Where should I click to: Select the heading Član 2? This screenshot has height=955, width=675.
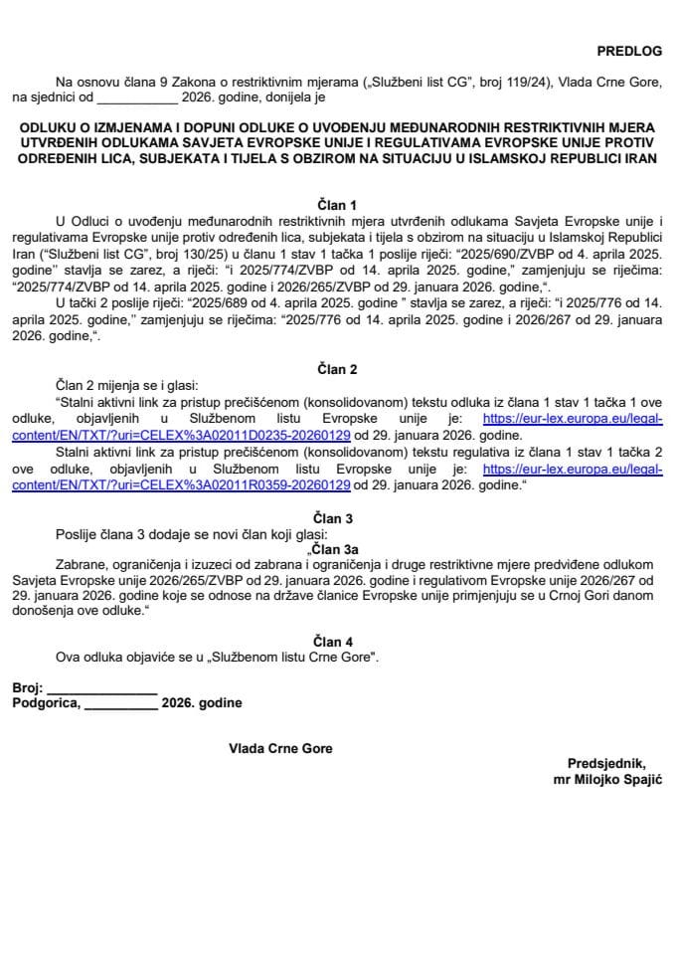point(337,370)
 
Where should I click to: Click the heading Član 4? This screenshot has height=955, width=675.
point(337,642)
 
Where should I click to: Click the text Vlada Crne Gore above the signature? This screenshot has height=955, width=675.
point(280,748)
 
